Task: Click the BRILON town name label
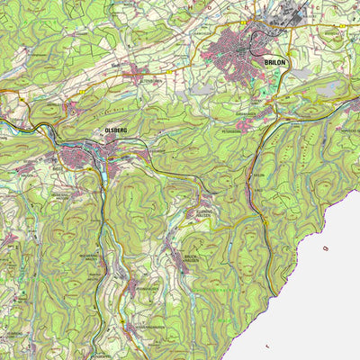(x=274, y=62)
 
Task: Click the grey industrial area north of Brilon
(x=292, y=14)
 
